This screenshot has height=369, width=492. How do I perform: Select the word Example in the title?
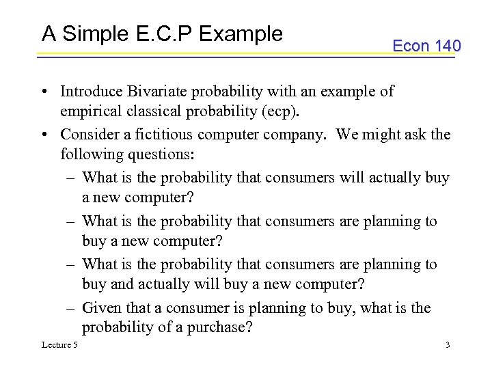click(x=242, y=33)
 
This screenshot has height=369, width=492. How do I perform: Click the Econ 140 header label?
click(x=426, y=46)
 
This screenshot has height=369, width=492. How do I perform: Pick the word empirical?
click(x=90, y=112)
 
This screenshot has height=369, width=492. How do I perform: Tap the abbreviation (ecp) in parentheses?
click(x=276, y=112)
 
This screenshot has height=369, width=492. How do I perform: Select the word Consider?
click(x=89, y=134)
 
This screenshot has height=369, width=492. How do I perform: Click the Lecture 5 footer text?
click(x=60, y=345)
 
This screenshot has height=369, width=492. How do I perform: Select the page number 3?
click(x=447, y=345)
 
